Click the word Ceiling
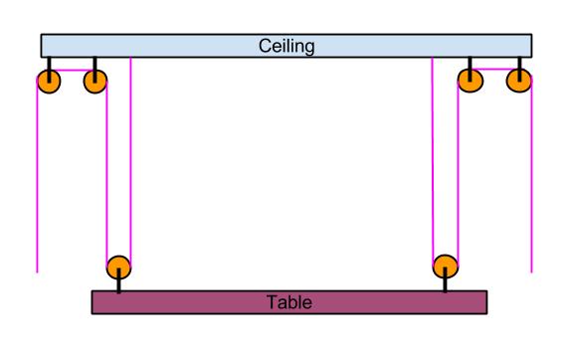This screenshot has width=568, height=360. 286,47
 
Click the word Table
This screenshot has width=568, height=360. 289,302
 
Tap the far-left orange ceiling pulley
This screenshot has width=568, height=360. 49,82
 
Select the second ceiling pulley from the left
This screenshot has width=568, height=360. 95,82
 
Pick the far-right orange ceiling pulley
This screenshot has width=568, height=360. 519,81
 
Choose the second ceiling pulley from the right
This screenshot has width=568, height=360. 471,81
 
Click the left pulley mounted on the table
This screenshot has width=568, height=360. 118,268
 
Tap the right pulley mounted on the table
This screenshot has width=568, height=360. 446,267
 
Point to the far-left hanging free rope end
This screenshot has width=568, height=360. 37,272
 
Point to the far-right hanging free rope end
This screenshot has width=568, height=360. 531,272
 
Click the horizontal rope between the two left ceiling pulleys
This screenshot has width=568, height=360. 72,70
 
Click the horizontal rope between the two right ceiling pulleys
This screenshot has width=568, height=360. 494,69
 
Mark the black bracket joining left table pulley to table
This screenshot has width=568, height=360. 118,280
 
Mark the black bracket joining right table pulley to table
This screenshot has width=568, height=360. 446,279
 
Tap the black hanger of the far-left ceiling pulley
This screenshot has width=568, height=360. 49,70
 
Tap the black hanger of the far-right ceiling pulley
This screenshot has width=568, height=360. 519,69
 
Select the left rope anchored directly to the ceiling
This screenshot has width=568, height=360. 130,162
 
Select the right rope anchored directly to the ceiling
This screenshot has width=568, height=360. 433,161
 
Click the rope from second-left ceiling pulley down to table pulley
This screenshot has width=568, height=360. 106,175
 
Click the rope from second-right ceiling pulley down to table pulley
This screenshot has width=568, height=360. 458,174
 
